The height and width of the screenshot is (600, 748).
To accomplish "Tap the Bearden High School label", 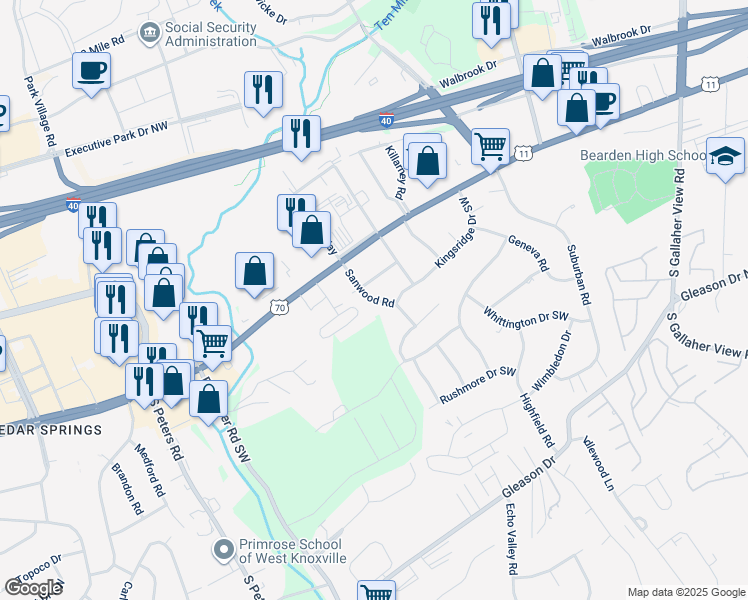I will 644,156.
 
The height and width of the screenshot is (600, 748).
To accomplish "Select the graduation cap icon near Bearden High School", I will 725,155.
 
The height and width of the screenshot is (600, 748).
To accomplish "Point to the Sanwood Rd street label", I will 371,288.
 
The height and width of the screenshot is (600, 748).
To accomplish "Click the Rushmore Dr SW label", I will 478,385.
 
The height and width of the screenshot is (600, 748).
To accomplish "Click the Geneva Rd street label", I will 529,254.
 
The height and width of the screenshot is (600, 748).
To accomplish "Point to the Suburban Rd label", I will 579,274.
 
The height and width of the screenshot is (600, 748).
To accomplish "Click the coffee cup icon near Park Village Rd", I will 91,71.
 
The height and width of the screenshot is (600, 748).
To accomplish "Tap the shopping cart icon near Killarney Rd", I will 490,146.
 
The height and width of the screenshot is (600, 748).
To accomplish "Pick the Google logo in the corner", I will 33,588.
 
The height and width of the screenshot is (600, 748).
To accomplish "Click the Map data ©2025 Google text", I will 685,591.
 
